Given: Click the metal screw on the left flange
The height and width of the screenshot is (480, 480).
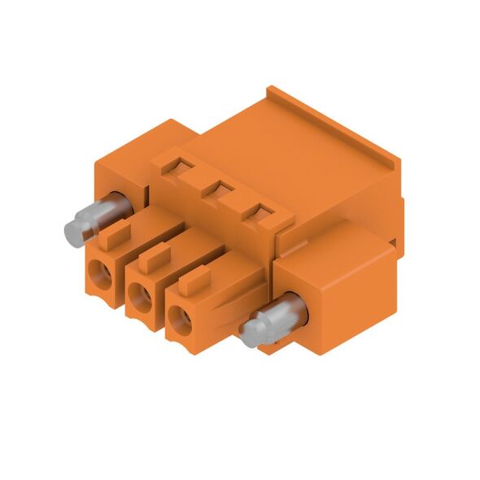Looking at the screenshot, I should (91, 217).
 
